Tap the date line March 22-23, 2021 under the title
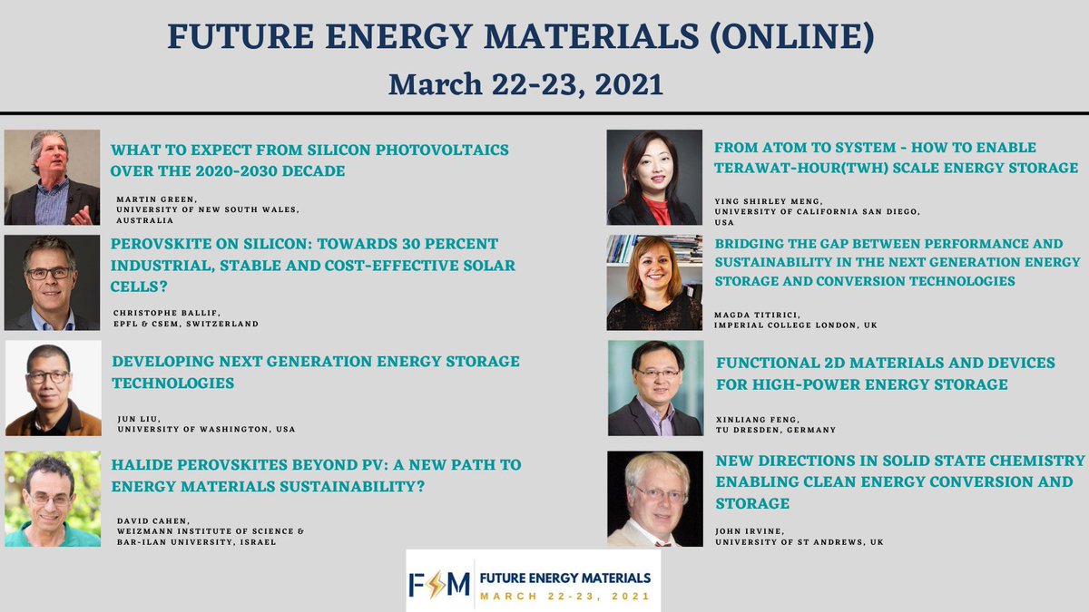coord(525,84)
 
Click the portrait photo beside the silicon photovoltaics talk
coord(52,177)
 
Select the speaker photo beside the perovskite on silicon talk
coord(52,282)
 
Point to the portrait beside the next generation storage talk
coord(53,388)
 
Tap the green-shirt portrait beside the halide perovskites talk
coord(52,499)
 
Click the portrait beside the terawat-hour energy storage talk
coord(654,177)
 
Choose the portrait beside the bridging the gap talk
coord(654,282)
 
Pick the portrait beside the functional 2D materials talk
coord(654,388)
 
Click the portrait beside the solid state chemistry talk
coord(654,499)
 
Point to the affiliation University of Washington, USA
coord(206,429)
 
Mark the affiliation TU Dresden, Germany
coord(776,429)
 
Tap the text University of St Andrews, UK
coord(799,541)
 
